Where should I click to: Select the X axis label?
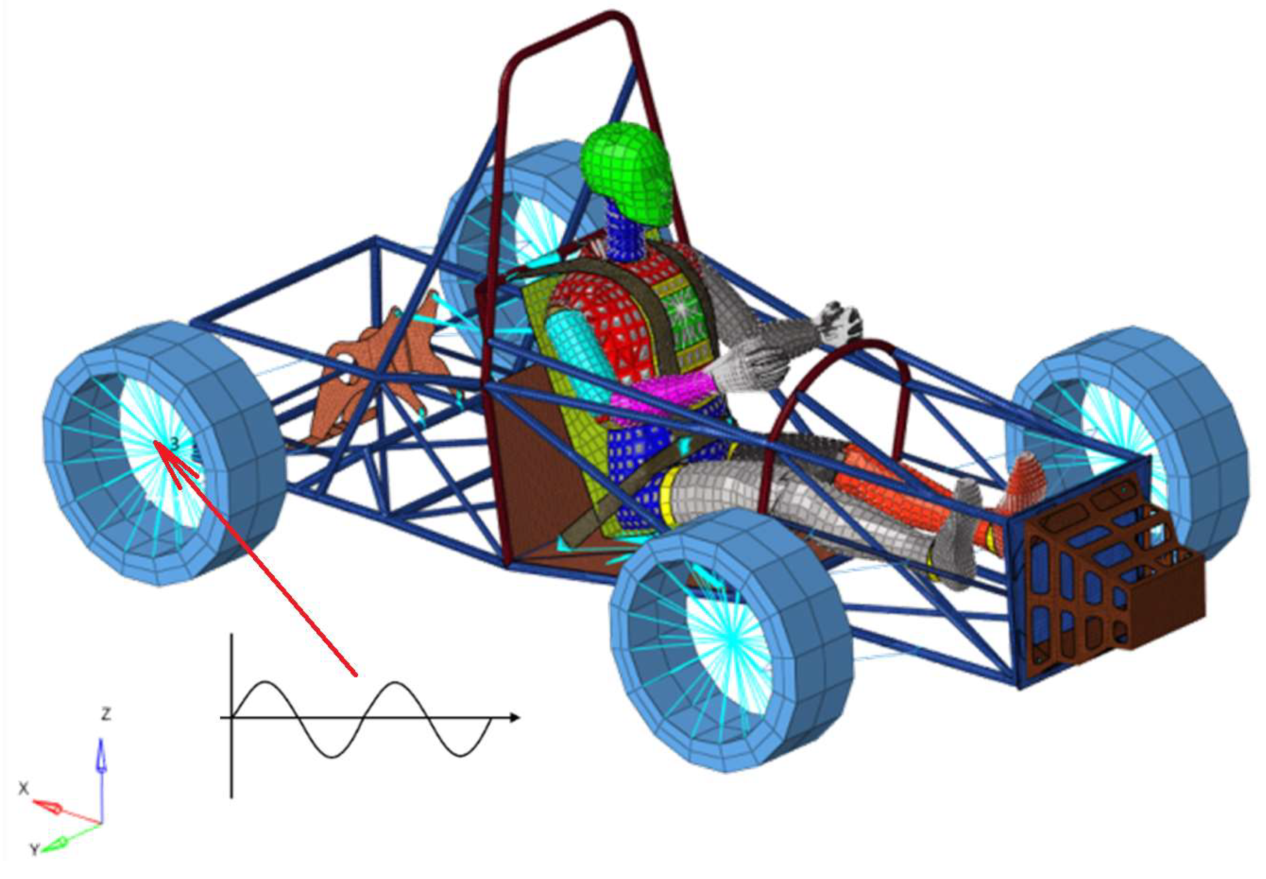tap(23, 789)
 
